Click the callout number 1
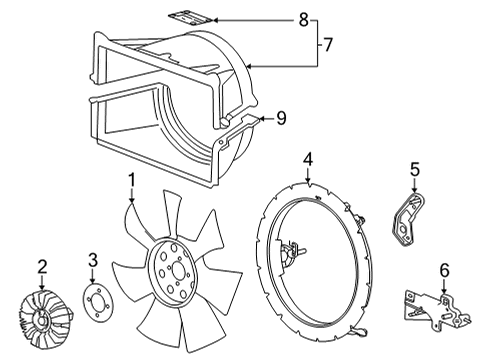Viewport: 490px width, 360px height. tap(130, 180)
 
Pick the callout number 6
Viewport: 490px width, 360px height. tap(443, 269)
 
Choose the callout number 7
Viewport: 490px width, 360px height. tap(326, 43)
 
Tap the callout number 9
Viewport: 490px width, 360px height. tap(281, 118)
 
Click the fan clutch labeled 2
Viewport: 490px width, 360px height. tap(42, 319)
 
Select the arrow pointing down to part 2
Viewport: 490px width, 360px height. tap(42, 284)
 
